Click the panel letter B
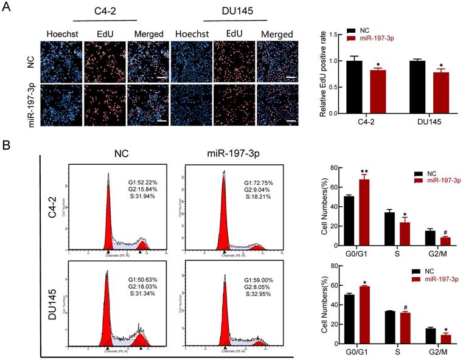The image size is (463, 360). point(7,146)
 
